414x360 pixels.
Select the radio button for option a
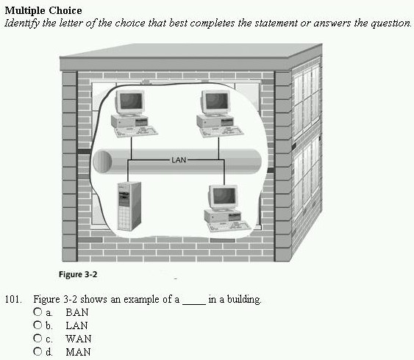pyautogui.click(x=38, y=312)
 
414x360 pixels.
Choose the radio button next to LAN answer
pyautogui.click(x=38, y=325)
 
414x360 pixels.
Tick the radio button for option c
pyautogui.click(x=38, y=338)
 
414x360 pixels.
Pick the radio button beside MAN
pyautogui.click(x=38, y=351)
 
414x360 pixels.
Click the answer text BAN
pyautogui.click(x=76, y=312)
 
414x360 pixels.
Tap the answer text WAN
pyautogui.click(x=79, y=339)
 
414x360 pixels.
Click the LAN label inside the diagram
pyautogui.click(x=179, y=160)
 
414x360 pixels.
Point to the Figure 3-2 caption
pyautogui.click(x=78, y=275)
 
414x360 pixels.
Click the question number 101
pyautogui.click(x=13, y=299)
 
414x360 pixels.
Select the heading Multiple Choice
pyautogui.click(x=43, y=10)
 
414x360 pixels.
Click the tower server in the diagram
pyautogui.click(x=129, y=206)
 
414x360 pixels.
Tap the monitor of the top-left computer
pyautogui.click(x=130, y=102)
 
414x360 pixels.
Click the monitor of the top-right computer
pyautogui.click(x=216, y=102)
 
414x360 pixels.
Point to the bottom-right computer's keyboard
pyautogui.click(x=229, y=227)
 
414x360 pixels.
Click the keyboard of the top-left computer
pyautogui.click(x=136, y=132)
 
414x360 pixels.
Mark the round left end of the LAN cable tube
pyautogui.click(x=102, y=161)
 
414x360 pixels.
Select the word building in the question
pyautogui.click(x=243, y=300)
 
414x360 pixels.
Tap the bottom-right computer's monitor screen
pyautogui.click(x=224, y=196)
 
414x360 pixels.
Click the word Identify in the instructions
pyautogui.click(x=22, y=24)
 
